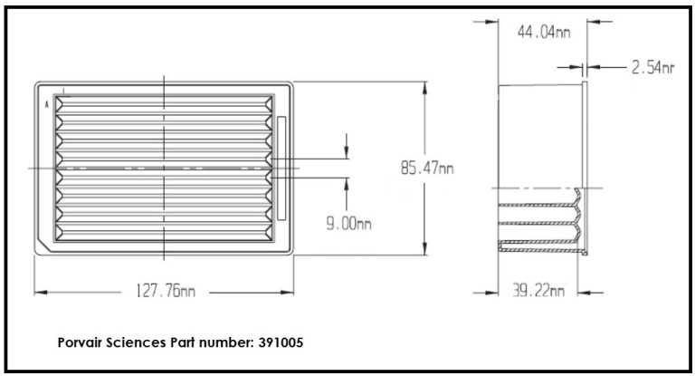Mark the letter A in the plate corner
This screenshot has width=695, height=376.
coord(45,104)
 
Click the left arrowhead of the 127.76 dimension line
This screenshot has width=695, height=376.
coord(39,292)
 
